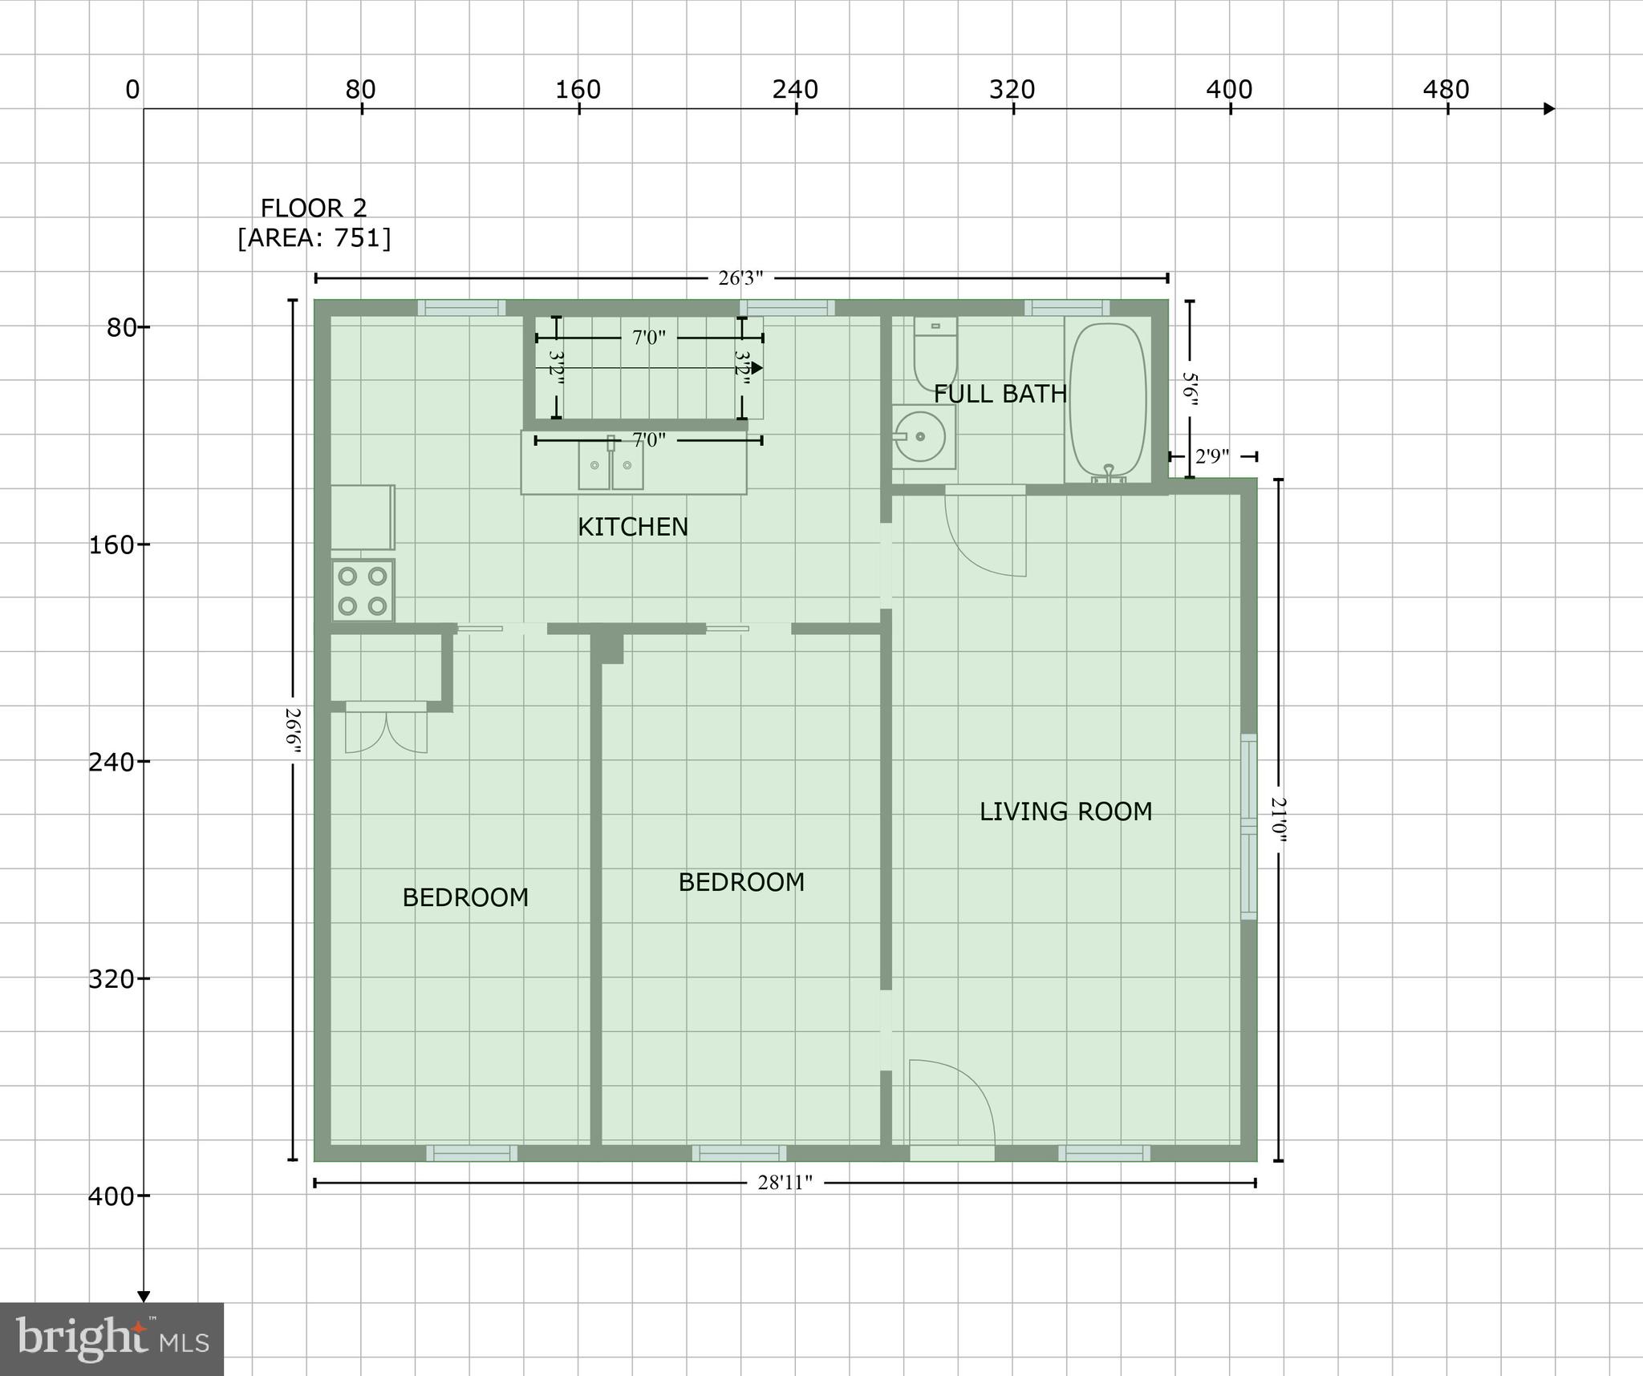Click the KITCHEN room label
coord(633,527)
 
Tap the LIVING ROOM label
coord(1065,811)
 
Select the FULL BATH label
coord(1000,394)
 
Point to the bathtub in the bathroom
coord(1108,400)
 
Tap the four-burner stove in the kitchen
coord(363,591)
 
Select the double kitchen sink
coord(611,465)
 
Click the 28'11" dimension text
coord(785,1182)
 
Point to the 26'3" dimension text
coord(740,278)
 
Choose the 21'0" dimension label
coord(1278,820)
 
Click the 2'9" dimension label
coord(1211,456)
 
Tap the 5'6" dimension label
coord(1191,389)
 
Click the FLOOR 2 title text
coord(314,208)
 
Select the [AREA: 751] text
coord(314,238)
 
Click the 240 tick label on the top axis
coord(795,90)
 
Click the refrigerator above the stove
coord(363,516)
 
